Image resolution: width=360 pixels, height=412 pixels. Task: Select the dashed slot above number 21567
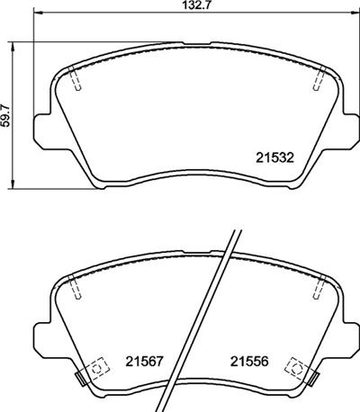pos(76,288)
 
